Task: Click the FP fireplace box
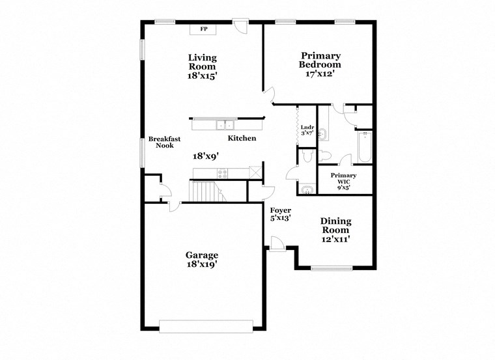203,29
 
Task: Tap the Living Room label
203,62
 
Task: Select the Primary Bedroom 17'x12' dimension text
320,74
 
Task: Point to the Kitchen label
242,139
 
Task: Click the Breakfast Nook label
164,142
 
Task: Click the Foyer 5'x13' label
281,214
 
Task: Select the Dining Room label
335,226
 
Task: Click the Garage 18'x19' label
201,260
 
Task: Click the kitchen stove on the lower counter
222,173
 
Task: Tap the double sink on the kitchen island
225,124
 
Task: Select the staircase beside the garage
205,192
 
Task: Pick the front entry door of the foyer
277,243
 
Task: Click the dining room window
332,268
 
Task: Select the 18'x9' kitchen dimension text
205,156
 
